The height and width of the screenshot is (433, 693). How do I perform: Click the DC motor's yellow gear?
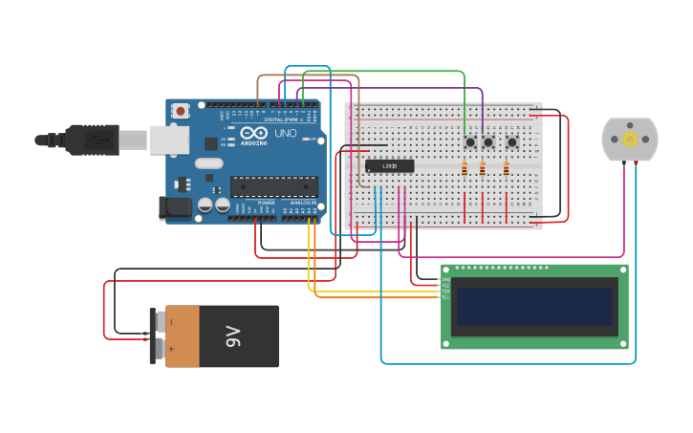[630, 140]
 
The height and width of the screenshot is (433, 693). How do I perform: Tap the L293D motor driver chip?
[390, 166]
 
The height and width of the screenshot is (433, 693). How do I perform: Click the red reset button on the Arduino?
[181, 111]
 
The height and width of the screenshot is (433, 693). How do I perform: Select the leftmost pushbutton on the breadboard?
[470, 142]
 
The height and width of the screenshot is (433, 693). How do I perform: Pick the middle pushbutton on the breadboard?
[488, 142]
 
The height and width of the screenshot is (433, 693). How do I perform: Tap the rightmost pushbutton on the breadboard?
[511, 142]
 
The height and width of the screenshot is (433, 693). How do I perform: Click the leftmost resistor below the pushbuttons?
[465, 169]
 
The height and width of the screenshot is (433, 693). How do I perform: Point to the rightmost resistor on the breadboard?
[506, 169]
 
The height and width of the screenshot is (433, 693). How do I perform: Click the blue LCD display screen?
[534, 307]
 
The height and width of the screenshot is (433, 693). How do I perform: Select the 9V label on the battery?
[232, 336]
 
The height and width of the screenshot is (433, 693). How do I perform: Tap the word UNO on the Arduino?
[285, 134]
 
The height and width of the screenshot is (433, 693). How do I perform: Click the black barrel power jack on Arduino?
[176, 206]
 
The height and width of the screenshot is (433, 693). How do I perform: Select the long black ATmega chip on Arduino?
[274, 187]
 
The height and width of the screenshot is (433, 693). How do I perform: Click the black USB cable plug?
[92, 140]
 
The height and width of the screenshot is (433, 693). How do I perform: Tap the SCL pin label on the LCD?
[444, 296]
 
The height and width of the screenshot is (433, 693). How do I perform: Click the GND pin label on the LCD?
[444, 279]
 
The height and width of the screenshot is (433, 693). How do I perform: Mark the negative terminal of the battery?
[154, 322]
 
